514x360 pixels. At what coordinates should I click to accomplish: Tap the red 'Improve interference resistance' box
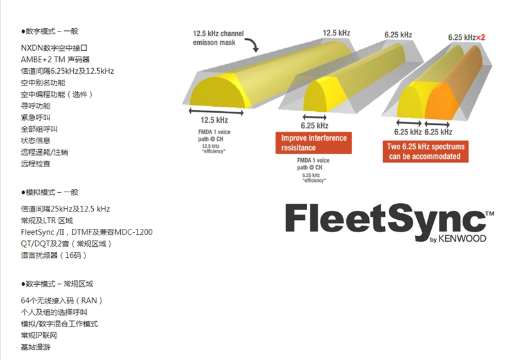coord(314,143)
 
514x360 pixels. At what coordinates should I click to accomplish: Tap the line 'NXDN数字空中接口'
coord(53,48)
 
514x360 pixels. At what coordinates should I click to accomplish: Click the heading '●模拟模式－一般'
coord(49,192)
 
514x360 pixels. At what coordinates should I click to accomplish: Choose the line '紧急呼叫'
coord(35,118)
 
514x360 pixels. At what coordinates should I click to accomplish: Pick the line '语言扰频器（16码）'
coord(53,255)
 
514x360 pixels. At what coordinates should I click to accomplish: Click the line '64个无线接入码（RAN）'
coord(62,300)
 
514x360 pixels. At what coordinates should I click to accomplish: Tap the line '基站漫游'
coord(35,347)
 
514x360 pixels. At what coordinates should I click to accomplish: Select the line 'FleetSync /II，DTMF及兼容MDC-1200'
coord(86,232)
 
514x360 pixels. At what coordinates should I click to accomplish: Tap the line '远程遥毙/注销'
coord(44,152)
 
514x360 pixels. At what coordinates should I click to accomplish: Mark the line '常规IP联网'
coord(39,336)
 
